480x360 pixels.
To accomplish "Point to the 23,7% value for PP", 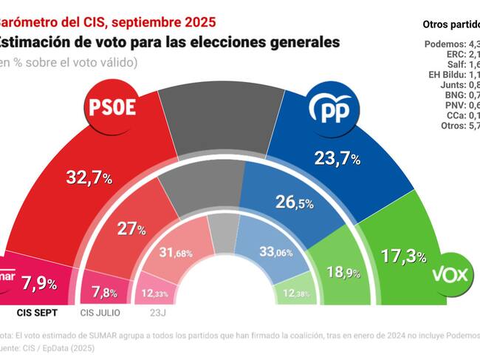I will pyautogui.click(x=335, y=158).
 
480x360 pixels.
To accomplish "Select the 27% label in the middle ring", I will pyautogui.click(x=131, y=229).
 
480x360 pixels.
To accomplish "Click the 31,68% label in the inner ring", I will pyautogui.click(x=176, y=254).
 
